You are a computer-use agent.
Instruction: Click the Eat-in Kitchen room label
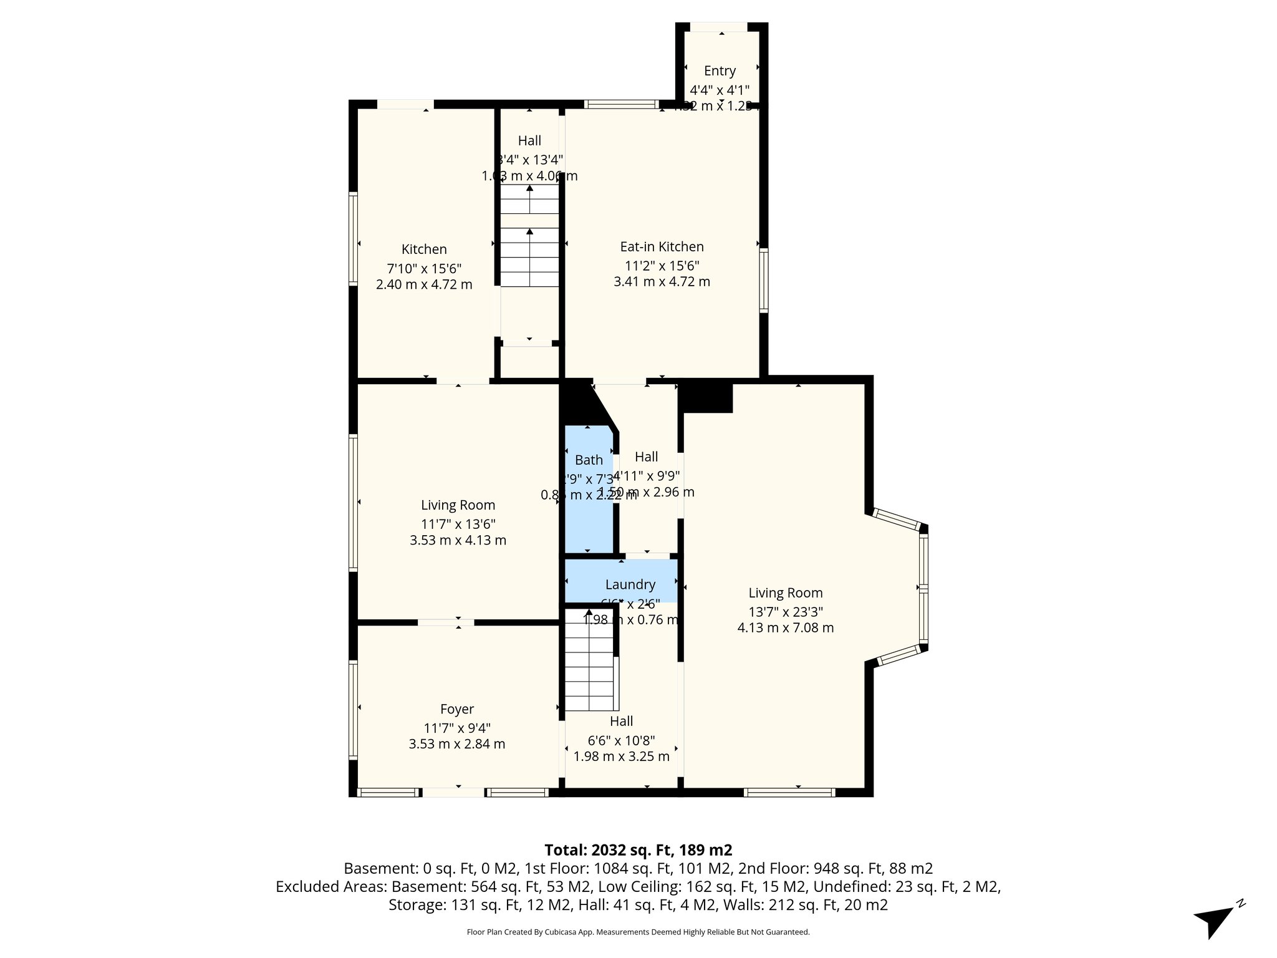point(662,246)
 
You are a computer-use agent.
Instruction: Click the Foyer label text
point(457,709)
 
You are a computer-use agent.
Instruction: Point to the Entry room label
point(720,70)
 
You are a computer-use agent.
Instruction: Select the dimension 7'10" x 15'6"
point(424,269)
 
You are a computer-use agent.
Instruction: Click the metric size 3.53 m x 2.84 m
point(457,744)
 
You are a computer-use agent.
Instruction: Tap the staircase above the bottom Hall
point(589,661)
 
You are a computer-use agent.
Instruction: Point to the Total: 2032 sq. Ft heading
point(638,850)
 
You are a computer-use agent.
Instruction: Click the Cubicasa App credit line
point(638,932)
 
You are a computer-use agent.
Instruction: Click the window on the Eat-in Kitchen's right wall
point(763,279)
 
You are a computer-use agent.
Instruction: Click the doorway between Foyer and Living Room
point(446,622)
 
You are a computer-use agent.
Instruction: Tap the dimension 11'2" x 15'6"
point(662,266)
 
